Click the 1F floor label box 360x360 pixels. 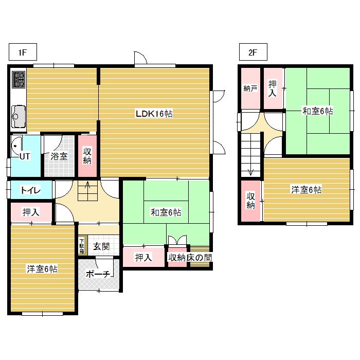(23, 52)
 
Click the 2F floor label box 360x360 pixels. (253, 52)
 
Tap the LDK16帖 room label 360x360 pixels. (154, 114)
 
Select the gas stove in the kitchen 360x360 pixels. (19, 79)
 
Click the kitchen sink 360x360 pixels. (19, 116)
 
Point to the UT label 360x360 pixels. (25, 156)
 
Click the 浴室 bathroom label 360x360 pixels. (59, 156)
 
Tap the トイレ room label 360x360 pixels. (30, 190)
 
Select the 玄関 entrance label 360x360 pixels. (101, 246)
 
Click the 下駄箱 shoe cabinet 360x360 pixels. (82, 245)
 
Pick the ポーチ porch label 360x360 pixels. (98, 274)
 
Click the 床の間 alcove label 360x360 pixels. (199, 257)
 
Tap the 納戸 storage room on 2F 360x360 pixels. (250, 88)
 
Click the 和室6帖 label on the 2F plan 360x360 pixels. (318, 111)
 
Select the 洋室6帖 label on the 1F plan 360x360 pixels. (42, 268)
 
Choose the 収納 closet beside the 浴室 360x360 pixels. (87, 156)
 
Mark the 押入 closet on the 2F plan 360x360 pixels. (273, 88)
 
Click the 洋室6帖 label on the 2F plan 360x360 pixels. (307, 190)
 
